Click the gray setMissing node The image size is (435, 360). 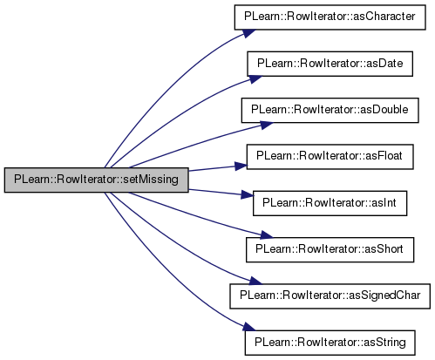97,180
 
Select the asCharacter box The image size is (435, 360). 330,17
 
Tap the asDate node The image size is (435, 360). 330,64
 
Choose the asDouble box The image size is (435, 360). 330,111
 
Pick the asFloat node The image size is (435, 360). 330,157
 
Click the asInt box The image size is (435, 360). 330,203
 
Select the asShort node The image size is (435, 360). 330,250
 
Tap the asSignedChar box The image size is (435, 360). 330,296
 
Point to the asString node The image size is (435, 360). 330,343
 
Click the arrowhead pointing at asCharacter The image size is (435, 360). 249,33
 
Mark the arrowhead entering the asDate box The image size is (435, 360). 255,79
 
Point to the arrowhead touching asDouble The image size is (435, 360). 266,126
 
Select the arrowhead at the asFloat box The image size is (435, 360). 241,166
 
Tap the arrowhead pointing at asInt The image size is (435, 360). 248,195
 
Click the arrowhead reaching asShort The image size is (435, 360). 266,234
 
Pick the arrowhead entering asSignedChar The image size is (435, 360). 255,281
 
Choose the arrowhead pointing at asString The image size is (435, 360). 249,327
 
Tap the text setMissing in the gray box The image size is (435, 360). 151,180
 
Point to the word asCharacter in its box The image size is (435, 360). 384,17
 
